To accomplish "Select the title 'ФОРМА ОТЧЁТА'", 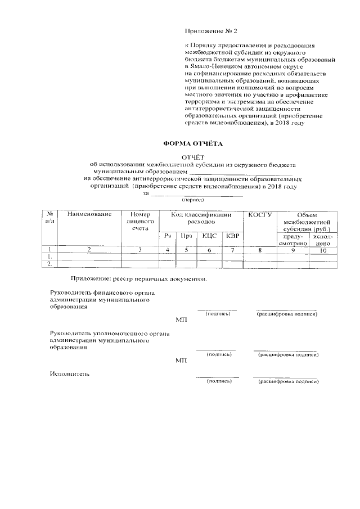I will point(193,144).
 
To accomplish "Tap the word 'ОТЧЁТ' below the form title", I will point(193,158).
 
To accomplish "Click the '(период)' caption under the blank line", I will point(193,200).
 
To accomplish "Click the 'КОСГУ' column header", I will point(260,214).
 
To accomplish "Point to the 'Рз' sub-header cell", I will point(167,236).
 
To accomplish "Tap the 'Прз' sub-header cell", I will point(187,236).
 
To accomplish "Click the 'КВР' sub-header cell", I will point(232,236).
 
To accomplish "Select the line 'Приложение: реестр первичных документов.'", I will point(138,279).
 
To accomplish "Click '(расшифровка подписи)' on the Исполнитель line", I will point(288,382).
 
